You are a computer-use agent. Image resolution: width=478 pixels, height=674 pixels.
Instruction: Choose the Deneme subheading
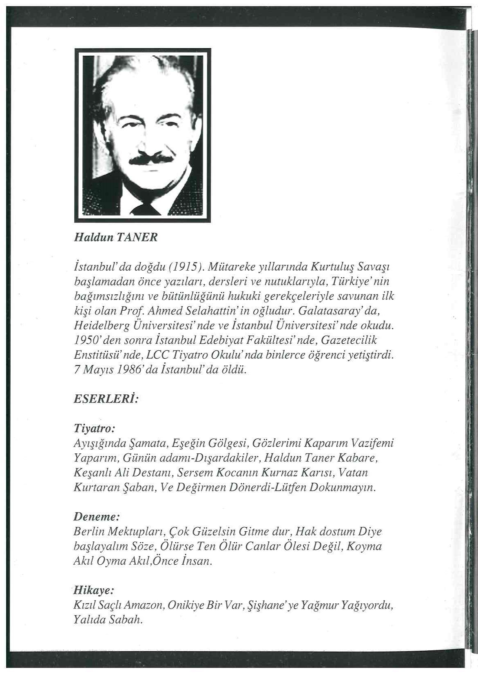click(97, 517)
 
